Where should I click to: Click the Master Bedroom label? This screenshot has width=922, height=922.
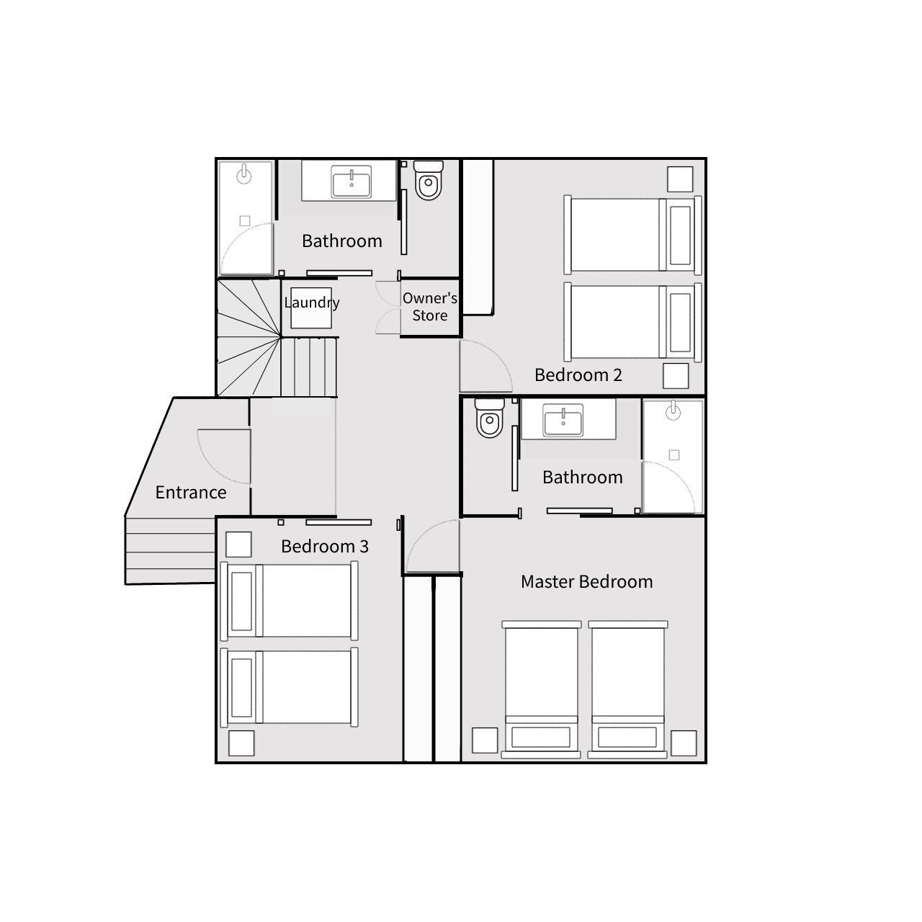[x=586, y=581]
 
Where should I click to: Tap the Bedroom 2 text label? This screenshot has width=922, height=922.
[x=578, y=375]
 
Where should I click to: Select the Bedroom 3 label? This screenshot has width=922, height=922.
[x=324, y=546]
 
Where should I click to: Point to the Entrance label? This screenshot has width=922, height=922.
[x=191, y=493]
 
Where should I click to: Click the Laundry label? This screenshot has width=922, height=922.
[x=311, y=303]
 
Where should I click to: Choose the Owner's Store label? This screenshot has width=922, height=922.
[x=429, y=307]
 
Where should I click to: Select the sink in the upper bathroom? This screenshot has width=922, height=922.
[x=351, y=182]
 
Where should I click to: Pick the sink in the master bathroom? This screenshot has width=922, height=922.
[x=563, y=421]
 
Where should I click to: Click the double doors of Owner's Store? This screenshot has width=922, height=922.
[x=388, y=307]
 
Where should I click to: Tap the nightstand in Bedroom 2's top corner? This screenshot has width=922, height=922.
[x=679, y=179]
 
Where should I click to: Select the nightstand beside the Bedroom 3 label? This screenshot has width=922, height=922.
[x=238, y=545]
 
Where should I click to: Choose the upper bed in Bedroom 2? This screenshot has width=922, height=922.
[x=632, y=234]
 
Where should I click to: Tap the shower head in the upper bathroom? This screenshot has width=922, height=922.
[x=246, y=173]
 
